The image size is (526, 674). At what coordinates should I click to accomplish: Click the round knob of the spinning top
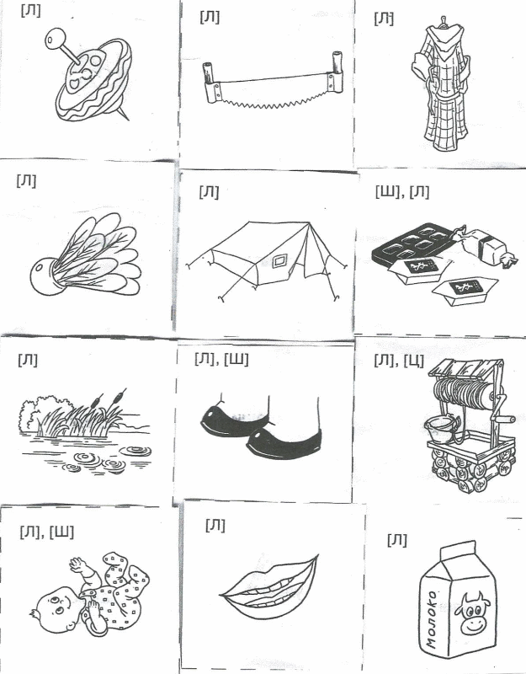[x=55, y=39]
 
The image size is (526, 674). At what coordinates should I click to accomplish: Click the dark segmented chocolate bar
[x=412, y=243]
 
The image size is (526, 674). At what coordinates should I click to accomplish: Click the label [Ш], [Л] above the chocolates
[x=401, y=192]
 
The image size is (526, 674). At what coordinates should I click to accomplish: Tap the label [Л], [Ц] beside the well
[x=399, y=361]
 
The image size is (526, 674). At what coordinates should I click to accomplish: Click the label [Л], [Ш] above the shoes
[x=221, y=359]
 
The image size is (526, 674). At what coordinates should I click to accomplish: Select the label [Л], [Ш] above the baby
[x=46, y=532]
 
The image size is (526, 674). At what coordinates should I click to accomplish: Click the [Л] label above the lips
[x=215, y=524]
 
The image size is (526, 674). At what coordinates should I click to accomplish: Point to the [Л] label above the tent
[x=209, y=192]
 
